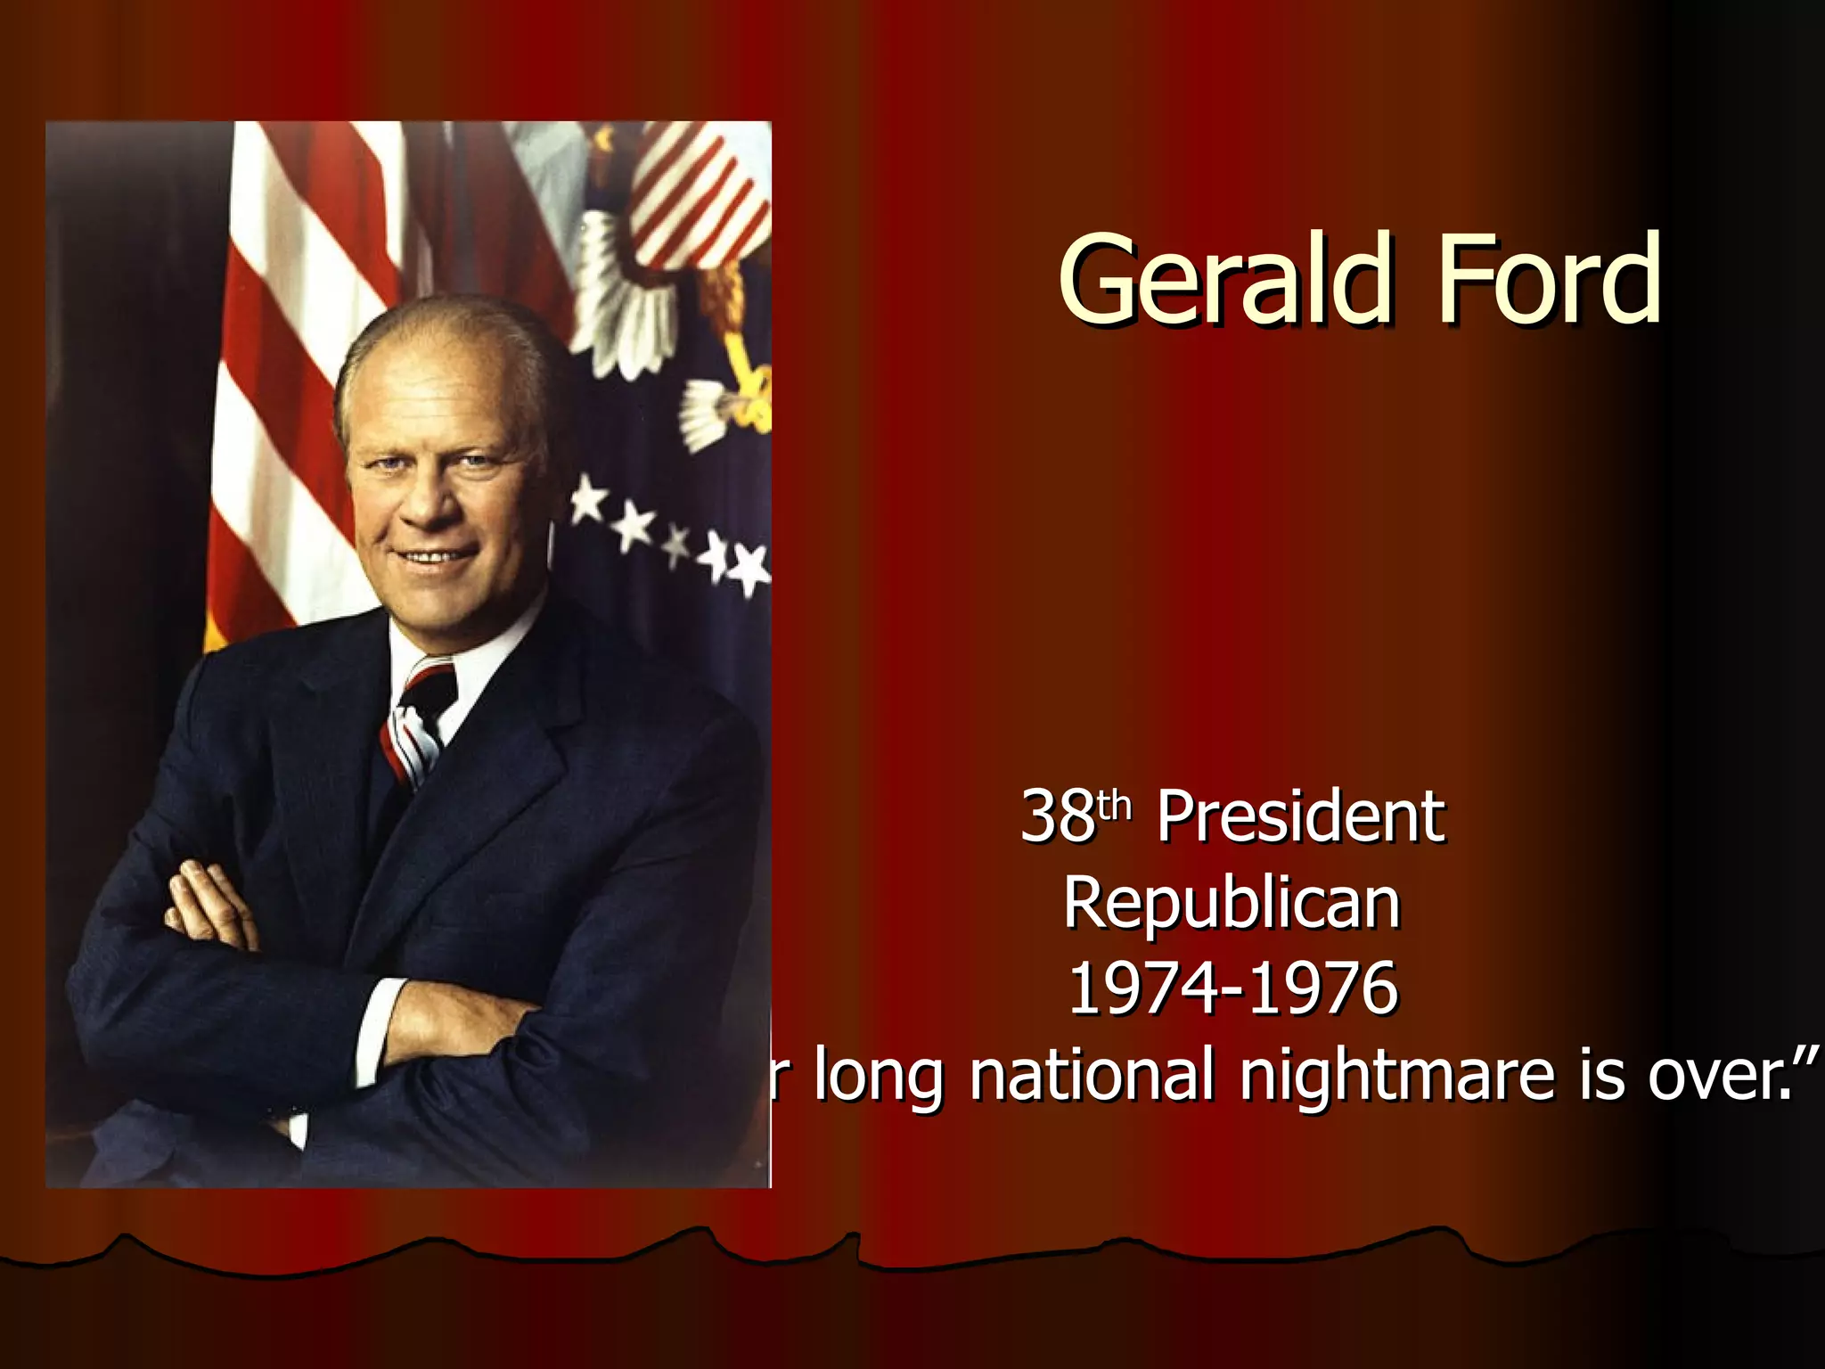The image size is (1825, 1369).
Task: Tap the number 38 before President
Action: pos(1057,816)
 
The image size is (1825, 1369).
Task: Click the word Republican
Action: pos(1232,903)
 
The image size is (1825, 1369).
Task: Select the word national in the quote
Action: pos(1092,1075)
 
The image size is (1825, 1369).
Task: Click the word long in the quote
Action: pos(878,1077)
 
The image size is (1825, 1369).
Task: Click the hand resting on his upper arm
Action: pos(209,905)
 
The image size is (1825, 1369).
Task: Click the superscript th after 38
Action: pos(1115,805)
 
